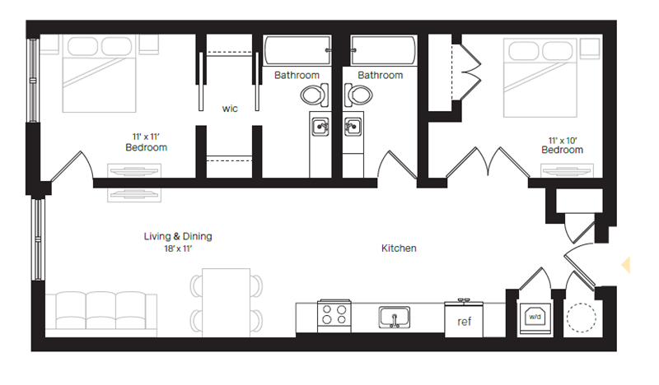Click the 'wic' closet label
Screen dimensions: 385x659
point(230,108)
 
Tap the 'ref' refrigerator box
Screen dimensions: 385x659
point(464,321)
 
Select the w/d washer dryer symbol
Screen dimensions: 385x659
point(533,314)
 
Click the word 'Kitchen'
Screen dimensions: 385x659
point(399,248)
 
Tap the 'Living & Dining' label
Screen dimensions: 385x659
point(177,236)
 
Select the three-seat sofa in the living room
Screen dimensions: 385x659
point(100,313)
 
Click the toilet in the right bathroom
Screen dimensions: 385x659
point(358,95)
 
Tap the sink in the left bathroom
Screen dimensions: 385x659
point(320,127)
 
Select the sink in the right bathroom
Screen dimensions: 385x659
point(352,127)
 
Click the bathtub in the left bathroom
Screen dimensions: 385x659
point(297,53)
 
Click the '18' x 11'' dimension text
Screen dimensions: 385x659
point(177,248)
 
